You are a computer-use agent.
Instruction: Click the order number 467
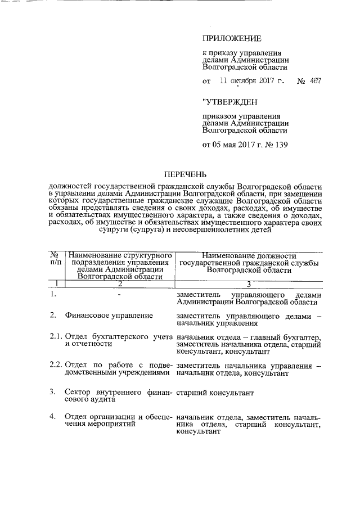tap(315, 81)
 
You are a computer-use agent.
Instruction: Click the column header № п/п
tap(56, 258)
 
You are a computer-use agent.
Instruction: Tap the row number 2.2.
tap(55, 366)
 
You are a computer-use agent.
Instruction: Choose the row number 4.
tap(52, 417)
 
